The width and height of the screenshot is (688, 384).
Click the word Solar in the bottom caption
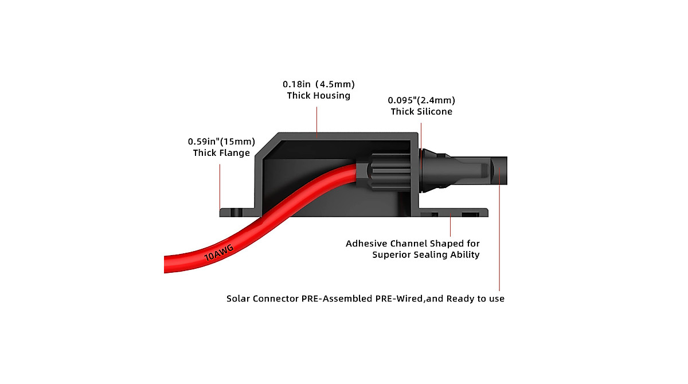[x=239, y=299]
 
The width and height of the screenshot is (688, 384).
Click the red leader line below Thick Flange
[x=220, y=186]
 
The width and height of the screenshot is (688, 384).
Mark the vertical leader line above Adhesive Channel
[x=452, y=226]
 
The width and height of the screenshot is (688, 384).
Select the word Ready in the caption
[x=461, y=299]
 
